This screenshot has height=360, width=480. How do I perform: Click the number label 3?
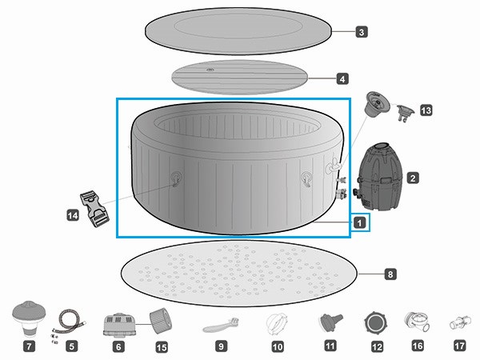[x=362, y=32]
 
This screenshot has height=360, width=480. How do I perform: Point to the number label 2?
[x=413, y=177]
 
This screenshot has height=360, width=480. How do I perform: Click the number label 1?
[x=361, y=222]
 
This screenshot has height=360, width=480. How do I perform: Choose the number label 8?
[x=390, y=274]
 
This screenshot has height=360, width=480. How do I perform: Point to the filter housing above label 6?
[x=118, y=323]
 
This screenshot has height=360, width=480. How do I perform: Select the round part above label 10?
[x=277, y=323]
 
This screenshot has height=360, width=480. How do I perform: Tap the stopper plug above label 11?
[x=328, y=322]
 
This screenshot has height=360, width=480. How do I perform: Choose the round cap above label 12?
[x=375, y=322]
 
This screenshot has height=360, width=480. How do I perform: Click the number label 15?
[x=162, y=347]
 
